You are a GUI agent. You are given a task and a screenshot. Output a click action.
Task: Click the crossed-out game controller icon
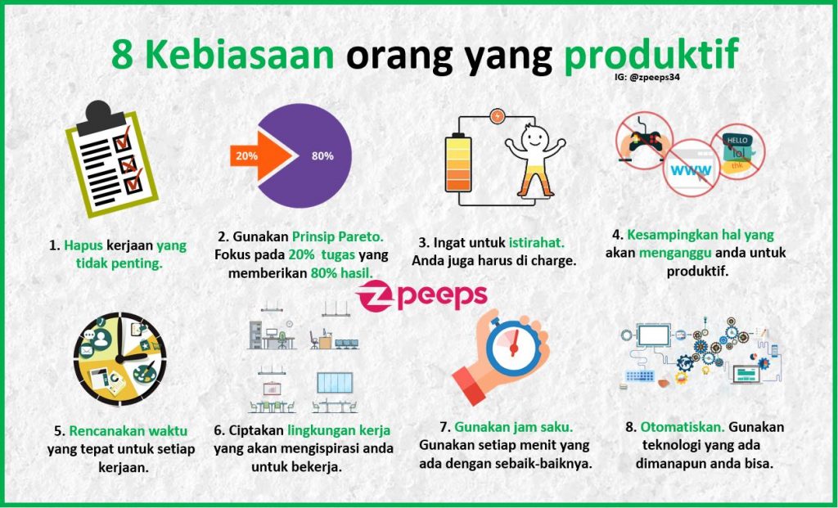click(644, 140)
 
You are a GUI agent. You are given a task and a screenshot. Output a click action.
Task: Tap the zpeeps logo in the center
click(421, 295)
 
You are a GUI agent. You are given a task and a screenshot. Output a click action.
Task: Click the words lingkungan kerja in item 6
click(338, 429)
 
